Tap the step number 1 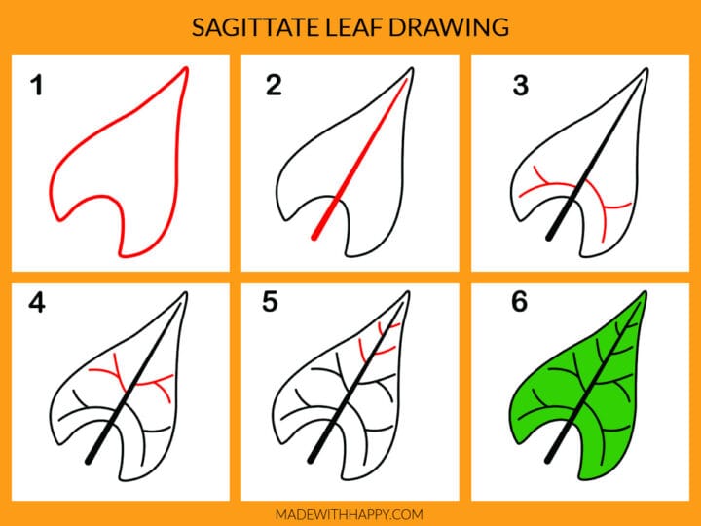tap(37, 86)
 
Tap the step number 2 tap(273, 86)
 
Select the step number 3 tap(520, 86)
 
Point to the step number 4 tap(37, 303)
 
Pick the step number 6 tap(520, 303)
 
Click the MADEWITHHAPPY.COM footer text tap(350, 513)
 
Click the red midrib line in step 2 tap(360, 156)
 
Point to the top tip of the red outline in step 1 tap(185, 68)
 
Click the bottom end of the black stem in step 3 tap(550, 237)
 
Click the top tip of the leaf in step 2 tap(410, 71)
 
